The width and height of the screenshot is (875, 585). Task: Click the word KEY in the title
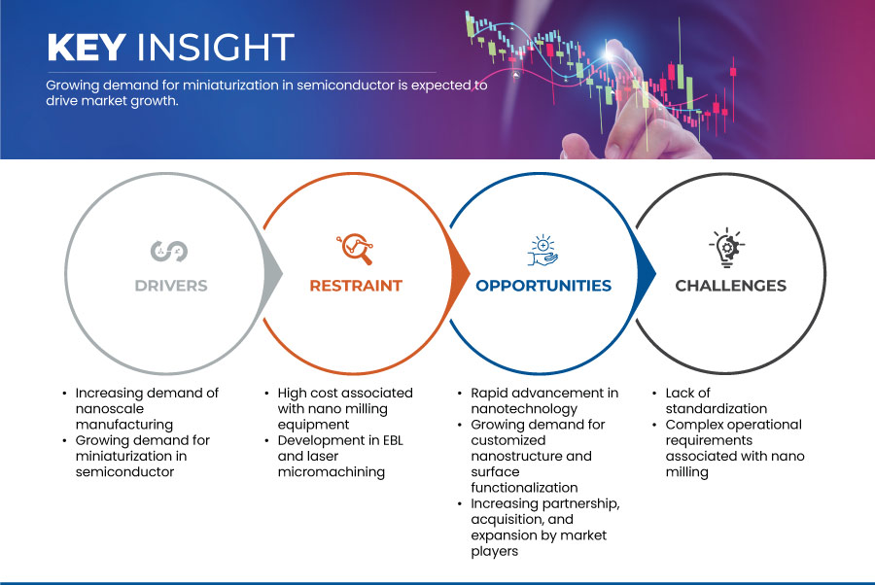coord(87,47)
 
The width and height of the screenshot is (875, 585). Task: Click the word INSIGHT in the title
coord(216,47)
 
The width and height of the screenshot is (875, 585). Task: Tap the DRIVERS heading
coord(171,286)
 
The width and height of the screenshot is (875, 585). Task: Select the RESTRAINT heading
coord(356,286)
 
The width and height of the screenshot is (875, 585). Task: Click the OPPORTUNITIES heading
coord(543,286)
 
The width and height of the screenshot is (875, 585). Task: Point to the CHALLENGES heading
coord(730,286)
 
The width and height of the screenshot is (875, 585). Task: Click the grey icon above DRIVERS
coord(169,251)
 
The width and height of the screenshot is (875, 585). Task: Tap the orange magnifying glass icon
coord(355,249)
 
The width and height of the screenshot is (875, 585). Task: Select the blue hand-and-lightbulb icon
coord(542,251)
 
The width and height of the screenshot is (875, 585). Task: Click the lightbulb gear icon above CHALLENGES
coord(727,248)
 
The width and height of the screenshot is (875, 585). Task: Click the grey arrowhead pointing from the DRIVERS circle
coord(273,274)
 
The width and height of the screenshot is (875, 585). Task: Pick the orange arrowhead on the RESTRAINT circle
coord(460,273)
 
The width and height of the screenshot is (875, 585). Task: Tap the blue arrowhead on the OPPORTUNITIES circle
coord(647,273)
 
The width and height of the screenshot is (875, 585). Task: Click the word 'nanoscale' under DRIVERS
coord(109,409)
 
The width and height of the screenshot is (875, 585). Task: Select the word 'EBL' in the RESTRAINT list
coord(393,440)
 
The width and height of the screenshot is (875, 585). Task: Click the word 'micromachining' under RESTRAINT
coord(332,472)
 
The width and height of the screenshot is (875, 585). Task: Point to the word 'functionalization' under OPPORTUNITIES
coord(525,488)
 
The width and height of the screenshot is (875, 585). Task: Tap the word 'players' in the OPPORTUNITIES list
coord(495,552)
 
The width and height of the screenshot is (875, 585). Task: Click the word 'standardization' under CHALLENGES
coord(717,409)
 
